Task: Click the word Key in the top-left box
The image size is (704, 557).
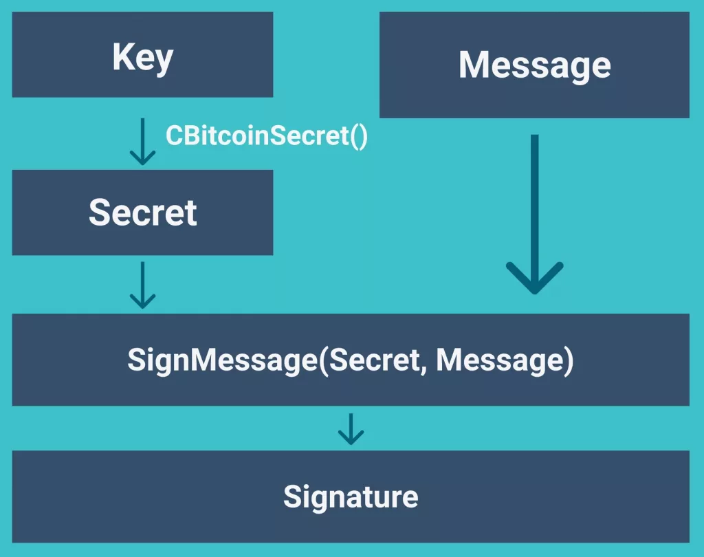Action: pyautogui.click(x=142, y=58)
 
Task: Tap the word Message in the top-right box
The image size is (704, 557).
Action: pyautogui.click(x=534, y=65)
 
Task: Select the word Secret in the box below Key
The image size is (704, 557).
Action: pyautogui.click(x=142, y=213)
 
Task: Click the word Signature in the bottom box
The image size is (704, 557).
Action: pyautogui.click(x=351, y=496)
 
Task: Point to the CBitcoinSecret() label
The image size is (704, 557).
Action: pyautogui.click(x=267, y=135)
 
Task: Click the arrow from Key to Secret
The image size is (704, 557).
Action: pyautogui.click(x=142, y=142)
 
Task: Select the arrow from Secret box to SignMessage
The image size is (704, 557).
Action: pyautogui.click(x=142, y=284)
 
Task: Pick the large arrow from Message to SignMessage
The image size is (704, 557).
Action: pyautogui.click(x=534, y=213)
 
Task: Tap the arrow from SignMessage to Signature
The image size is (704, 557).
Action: pyautogui.click(x=351, y=428)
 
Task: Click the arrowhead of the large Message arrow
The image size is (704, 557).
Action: pyautogui.click(x=534, y=278)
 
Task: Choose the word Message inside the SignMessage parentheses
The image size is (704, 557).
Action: pyautogui.click(x=496, y=360)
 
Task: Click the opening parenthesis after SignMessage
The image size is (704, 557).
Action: pyautogui.click(x=324, y=361)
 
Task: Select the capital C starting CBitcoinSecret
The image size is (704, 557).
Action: pyautogui.click(x=173, y=135)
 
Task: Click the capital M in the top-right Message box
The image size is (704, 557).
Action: pyautogui.click(x=474, y=65)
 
